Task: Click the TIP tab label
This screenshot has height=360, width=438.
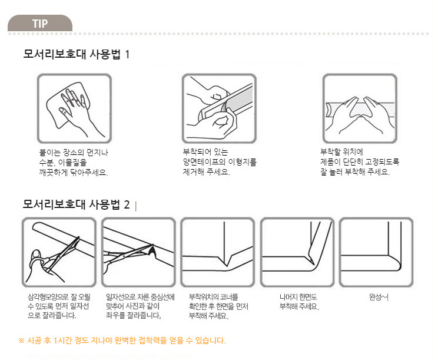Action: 40,24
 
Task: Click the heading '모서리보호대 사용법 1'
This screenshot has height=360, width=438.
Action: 77,54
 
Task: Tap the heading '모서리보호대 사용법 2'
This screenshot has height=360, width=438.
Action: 77,204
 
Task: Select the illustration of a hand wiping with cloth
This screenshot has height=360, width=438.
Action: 74,108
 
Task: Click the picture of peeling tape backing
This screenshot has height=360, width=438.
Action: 219,108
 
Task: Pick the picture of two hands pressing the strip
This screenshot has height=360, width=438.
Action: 360,108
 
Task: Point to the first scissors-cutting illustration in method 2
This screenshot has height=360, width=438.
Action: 59,252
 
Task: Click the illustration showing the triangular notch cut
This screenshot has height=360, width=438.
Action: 138,252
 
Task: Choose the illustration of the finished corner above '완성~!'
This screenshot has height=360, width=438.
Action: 376,252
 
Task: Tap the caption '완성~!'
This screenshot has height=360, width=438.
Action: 379,297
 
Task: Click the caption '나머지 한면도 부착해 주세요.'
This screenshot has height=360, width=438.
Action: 299,302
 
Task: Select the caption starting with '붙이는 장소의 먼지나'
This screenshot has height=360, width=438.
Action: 74,163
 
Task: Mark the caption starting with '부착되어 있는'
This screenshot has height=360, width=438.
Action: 220,162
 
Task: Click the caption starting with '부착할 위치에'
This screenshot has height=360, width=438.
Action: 360,162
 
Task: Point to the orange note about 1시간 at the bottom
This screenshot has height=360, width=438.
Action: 122,341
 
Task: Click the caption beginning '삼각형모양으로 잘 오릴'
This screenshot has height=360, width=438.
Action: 59,306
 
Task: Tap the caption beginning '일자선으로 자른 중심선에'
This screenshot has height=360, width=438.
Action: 140,306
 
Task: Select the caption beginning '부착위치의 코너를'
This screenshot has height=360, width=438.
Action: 218,306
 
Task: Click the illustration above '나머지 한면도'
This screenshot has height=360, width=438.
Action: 297,252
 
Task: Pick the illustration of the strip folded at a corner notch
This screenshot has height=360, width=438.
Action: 218,252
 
